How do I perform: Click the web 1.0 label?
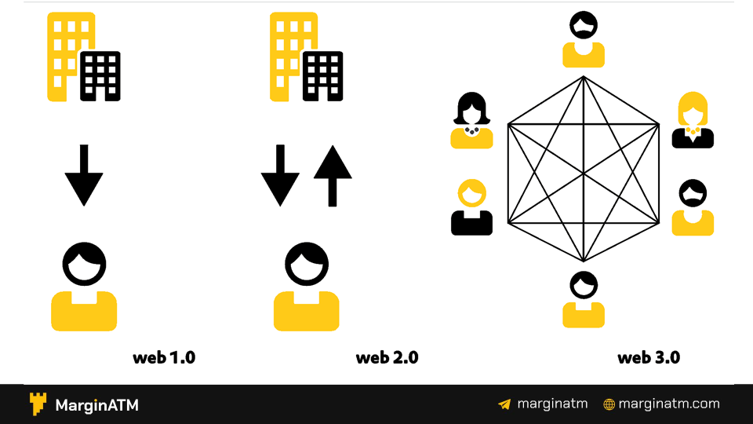point(164,358)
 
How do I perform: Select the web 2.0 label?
point(387,358)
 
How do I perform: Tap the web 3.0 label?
point(649,358)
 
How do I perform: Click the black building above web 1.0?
point(101,76)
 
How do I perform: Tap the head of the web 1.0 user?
point(84,265)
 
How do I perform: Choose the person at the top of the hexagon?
point(584,40)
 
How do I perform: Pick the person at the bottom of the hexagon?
point(584,299)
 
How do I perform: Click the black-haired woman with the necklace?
point(471,121)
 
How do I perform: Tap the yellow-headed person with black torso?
point(471,208)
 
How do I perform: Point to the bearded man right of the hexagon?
point(693,208)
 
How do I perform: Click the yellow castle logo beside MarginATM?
point(38,404)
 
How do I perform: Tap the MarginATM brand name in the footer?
point(96,405)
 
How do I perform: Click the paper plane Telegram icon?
point(504,404)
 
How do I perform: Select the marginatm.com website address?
point(668,404)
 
